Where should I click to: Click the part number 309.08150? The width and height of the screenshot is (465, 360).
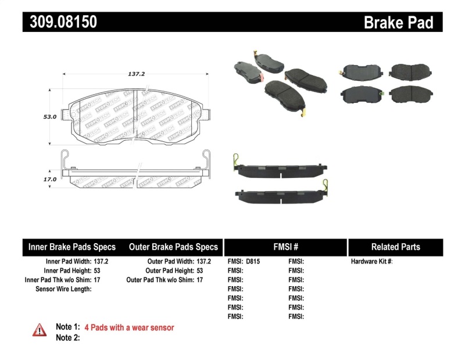coord(60,22)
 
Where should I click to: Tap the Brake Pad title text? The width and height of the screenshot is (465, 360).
coord(398,23)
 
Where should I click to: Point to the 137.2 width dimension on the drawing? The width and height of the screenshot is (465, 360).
coord(136,74)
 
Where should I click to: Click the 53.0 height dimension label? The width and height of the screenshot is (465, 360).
coord(50,116)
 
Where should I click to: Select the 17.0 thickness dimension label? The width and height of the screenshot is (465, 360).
coord(50,179)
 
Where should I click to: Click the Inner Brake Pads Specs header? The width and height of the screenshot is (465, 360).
coord(72,247)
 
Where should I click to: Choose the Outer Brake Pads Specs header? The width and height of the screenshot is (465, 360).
coord(173,247)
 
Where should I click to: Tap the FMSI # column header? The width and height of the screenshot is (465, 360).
coord(285,247)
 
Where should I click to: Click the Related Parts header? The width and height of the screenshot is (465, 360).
coord(395,247)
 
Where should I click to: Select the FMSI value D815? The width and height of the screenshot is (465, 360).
coord(253,262)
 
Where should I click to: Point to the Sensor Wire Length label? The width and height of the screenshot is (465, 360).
coord(63,288)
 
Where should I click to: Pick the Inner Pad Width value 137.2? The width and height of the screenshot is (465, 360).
coord(101,262)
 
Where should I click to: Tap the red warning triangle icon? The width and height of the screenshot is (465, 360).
coord(40,330)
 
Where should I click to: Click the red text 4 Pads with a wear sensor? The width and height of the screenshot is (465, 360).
coord(129,328)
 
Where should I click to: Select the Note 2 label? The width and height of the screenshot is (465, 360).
coord(67,338)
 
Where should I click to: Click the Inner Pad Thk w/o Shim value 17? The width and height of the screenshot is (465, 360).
coord(96,280)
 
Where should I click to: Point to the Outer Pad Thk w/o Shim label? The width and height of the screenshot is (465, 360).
coord(160,280)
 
